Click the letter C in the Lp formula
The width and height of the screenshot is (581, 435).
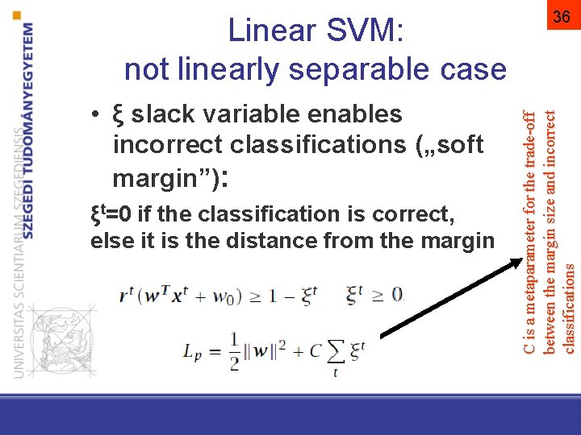315,351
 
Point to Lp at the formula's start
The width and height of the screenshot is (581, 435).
191,352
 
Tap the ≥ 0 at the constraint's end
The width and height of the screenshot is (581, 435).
389,295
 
